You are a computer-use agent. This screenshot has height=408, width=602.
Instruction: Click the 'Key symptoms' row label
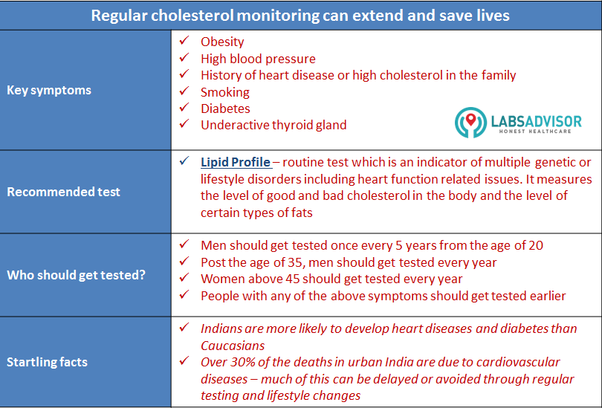coord(49,90)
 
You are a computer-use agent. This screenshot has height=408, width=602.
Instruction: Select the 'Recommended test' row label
coord(63,192)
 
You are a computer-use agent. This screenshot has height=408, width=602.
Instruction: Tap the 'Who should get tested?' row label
coord(76,275)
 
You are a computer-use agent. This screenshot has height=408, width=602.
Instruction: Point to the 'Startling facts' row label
coord(47,362)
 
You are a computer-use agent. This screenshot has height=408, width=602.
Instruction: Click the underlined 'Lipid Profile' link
coord(236,162)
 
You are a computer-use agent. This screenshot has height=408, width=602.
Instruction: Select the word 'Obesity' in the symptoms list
coord(222,42)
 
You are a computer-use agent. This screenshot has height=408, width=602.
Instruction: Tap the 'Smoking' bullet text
coord(225,92)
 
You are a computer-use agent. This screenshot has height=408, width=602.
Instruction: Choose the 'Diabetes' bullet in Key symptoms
coord(225,109)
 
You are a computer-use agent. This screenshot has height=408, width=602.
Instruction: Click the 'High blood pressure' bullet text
coord(258,59)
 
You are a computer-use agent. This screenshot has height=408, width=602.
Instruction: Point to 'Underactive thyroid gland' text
coord(274,125)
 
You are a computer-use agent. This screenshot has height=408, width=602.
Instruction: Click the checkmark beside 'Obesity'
coord(184,41)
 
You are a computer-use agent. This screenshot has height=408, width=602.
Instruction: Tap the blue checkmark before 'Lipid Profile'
coord(184,161)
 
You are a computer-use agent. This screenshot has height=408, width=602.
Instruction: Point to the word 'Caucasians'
coord(233,346)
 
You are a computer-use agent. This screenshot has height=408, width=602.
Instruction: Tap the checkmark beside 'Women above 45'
coord(184,279)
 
